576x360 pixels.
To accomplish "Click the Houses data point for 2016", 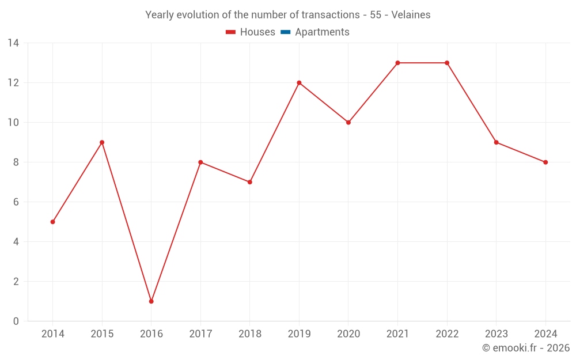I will coord(151,301).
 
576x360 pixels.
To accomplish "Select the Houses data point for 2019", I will coord(299,83).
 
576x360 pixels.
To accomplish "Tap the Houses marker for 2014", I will coord(53,222).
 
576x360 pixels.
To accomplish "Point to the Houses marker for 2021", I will coord(397,63).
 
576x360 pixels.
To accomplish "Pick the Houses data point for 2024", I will coord(545,162).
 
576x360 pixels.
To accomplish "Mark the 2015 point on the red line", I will coord(102,142).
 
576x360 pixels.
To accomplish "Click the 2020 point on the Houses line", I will coord(348,123).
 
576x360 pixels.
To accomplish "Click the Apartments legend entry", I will coord(322,32).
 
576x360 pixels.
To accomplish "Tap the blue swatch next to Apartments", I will coord(286,32).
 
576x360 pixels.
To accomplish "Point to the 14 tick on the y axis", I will coord(13,43).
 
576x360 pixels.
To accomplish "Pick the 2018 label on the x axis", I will coord(250,334).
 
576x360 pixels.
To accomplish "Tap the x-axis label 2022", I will coord(447,334).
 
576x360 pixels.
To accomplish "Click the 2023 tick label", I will coord(496,334).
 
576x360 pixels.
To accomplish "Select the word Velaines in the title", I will coord(411,15).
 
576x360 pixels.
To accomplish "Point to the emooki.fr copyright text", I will coord(526,348).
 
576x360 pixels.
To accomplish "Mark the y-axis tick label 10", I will coord(13,123).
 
